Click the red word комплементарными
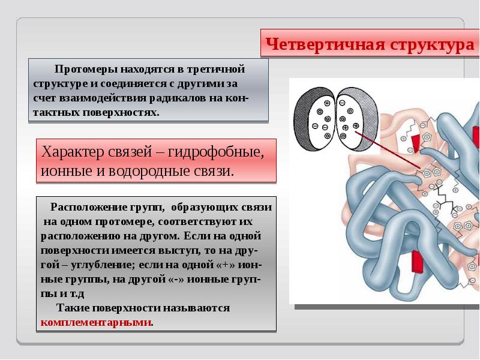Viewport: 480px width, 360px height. (x=96, y=322)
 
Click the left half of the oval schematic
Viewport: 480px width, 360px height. (x=314, y=116)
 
